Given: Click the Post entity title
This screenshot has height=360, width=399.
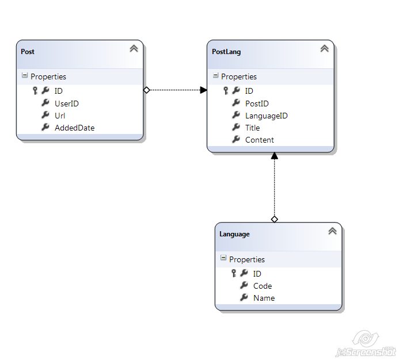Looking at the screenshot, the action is [x=28, y=52].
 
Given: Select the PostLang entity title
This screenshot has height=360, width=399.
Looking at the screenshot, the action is [x=226, y=52].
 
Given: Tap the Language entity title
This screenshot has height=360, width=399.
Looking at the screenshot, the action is [x=234, y=234].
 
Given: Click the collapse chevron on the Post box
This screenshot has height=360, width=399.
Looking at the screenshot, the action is [x=134, y=49].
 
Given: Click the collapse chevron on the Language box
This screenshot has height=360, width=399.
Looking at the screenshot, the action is [x=332, y=231].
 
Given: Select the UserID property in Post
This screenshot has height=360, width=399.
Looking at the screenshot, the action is [x=66, y=104].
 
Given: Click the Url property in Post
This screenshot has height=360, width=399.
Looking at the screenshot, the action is [x=60, y=116].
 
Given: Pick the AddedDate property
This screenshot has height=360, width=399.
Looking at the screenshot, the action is [x=74, y=128].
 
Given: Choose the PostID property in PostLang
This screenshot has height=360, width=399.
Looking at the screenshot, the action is [x=257, y=104].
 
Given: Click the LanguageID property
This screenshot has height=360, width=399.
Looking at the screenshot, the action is [x=266, y=116].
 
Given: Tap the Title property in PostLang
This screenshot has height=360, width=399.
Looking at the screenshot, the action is [x=252, y=128].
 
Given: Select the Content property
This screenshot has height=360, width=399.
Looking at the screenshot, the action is [x=259, y=140].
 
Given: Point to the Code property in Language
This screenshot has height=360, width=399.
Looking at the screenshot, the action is [x=263, y=286].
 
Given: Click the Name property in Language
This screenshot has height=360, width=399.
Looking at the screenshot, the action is [x=264, y=298].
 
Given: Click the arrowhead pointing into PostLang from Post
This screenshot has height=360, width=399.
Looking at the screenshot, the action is [x=203, y=90].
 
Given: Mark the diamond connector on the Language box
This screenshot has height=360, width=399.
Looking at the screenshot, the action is [x=274, y=219].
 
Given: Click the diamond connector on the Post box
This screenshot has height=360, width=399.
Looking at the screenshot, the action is [x=146, y=90].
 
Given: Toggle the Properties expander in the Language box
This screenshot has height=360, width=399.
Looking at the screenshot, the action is [x=223, y=259].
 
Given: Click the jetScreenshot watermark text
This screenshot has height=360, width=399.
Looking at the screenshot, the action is [x=366, y=352].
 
